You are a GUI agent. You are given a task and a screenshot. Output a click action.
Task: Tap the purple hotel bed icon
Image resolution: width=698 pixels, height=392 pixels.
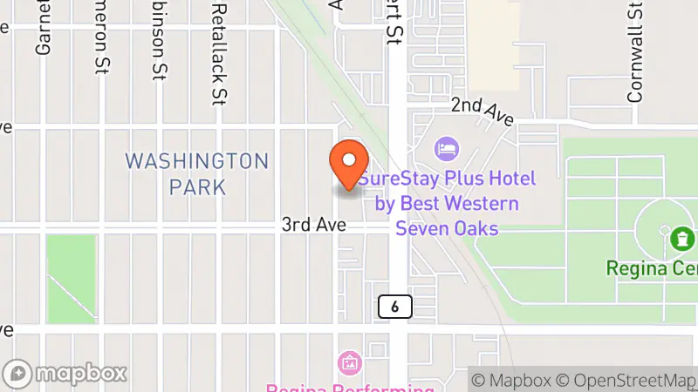447,147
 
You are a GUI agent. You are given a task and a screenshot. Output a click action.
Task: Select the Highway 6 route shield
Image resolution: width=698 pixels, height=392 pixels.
395,306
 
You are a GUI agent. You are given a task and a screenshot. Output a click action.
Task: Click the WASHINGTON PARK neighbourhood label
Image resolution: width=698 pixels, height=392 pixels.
196,173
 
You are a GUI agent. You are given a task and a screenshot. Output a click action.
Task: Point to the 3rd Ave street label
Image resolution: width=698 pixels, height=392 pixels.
314,225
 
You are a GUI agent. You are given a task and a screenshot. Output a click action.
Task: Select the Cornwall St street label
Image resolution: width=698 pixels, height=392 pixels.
635,51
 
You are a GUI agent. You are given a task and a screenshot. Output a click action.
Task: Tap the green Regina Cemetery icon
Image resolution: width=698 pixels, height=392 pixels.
682,236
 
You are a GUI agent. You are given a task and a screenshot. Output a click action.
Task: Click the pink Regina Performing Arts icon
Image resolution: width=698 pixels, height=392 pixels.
350,362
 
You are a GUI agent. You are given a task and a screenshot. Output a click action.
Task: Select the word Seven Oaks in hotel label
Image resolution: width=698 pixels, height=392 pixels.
447,228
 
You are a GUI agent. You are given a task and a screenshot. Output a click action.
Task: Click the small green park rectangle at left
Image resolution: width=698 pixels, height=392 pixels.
70,267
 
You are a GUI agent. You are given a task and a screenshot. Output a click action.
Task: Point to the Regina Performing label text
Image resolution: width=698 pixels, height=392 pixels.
350,387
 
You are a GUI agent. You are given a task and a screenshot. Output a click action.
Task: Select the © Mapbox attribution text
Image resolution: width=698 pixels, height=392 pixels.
511,380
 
